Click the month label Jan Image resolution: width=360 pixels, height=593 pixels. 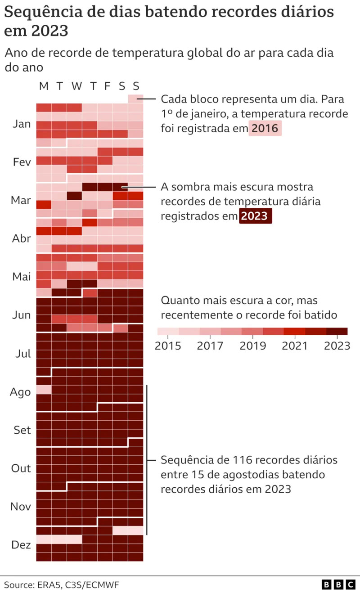click(21, 124)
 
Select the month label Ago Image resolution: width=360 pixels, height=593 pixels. click(21, 392)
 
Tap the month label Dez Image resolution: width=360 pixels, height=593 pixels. click(21, 545)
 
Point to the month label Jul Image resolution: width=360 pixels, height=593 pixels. click(22, 354)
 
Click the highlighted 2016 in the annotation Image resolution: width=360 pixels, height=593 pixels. click(265, 129)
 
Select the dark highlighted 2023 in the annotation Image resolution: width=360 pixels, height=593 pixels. click(255, 216)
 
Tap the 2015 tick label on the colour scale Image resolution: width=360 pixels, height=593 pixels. click(167, 346)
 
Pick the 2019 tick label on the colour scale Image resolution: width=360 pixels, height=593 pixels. click(252, 346)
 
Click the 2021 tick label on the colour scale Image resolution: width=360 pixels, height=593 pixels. click(295, 346)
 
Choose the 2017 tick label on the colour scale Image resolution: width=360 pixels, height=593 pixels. click(210, 346)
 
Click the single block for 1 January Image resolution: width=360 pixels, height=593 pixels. click(135, 99)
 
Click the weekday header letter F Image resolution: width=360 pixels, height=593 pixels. click(107, 86)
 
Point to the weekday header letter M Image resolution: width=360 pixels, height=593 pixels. click(44, 86)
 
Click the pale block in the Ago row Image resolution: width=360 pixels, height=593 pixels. click(44, 389)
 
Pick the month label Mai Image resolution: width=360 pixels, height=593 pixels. click(22, 277)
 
